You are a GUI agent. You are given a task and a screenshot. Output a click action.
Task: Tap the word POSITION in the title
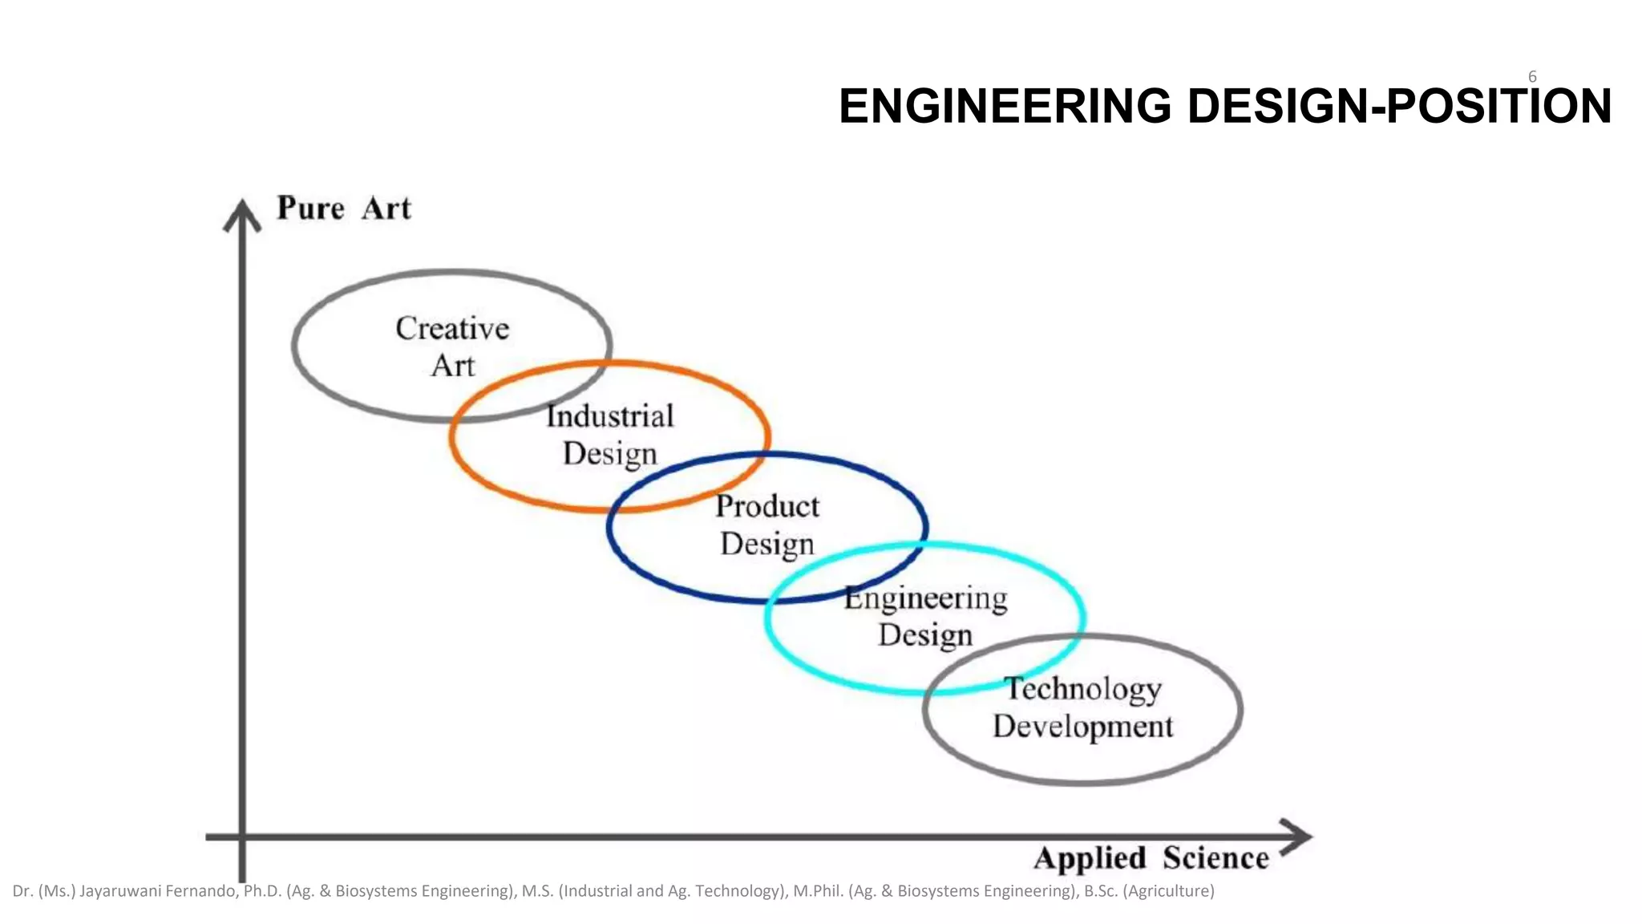1498,107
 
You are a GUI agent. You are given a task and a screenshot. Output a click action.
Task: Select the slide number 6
1532,77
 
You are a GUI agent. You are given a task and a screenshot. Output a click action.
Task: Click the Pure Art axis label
344,209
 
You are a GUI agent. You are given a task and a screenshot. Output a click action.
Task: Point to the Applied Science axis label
1151,858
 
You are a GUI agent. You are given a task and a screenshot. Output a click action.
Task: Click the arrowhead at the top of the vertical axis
242,215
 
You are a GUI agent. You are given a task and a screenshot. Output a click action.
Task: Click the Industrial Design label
610,435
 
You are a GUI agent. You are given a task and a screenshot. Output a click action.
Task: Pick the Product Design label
767,525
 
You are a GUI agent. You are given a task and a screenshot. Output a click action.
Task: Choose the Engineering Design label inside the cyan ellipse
926,616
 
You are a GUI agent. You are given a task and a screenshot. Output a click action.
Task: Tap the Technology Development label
1082,707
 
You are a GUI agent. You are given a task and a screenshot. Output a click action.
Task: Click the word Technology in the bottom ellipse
1082,689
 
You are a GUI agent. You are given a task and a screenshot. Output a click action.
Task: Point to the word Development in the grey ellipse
1082,727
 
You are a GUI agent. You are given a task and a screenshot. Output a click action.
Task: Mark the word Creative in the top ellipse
453,329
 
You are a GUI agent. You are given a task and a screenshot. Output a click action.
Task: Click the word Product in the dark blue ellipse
767,506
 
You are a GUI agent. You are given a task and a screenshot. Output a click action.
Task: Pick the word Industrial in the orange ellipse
610,416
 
